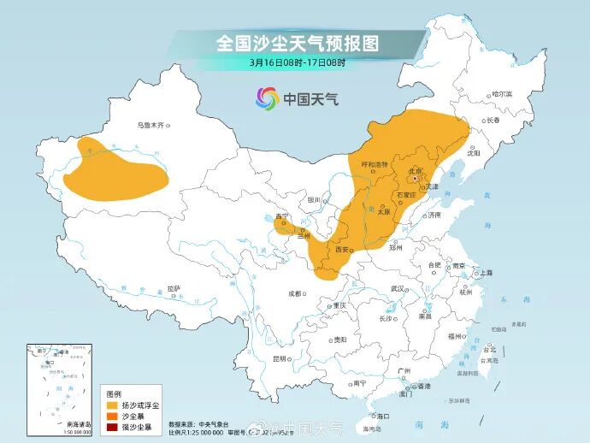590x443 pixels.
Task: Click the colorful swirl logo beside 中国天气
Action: click(x=268, y=98)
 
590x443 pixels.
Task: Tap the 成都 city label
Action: click(x=295, y=292)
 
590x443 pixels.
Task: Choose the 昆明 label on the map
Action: click(x=279, y=358)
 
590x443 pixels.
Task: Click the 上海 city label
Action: click(x=486, y=272)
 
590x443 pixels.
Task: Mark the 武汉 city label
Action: click(x=396, y=289)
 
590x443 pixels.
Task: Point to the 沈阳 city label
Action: click(x=475, y=153)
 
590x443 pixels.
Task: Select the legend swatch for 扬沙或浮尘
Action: click(x=110, y=405)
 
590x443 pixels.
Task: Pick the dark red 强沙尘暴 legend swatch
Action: click(x=110, y=425)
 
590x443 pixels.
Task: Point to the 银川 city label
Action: click(x=314, y=200)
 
